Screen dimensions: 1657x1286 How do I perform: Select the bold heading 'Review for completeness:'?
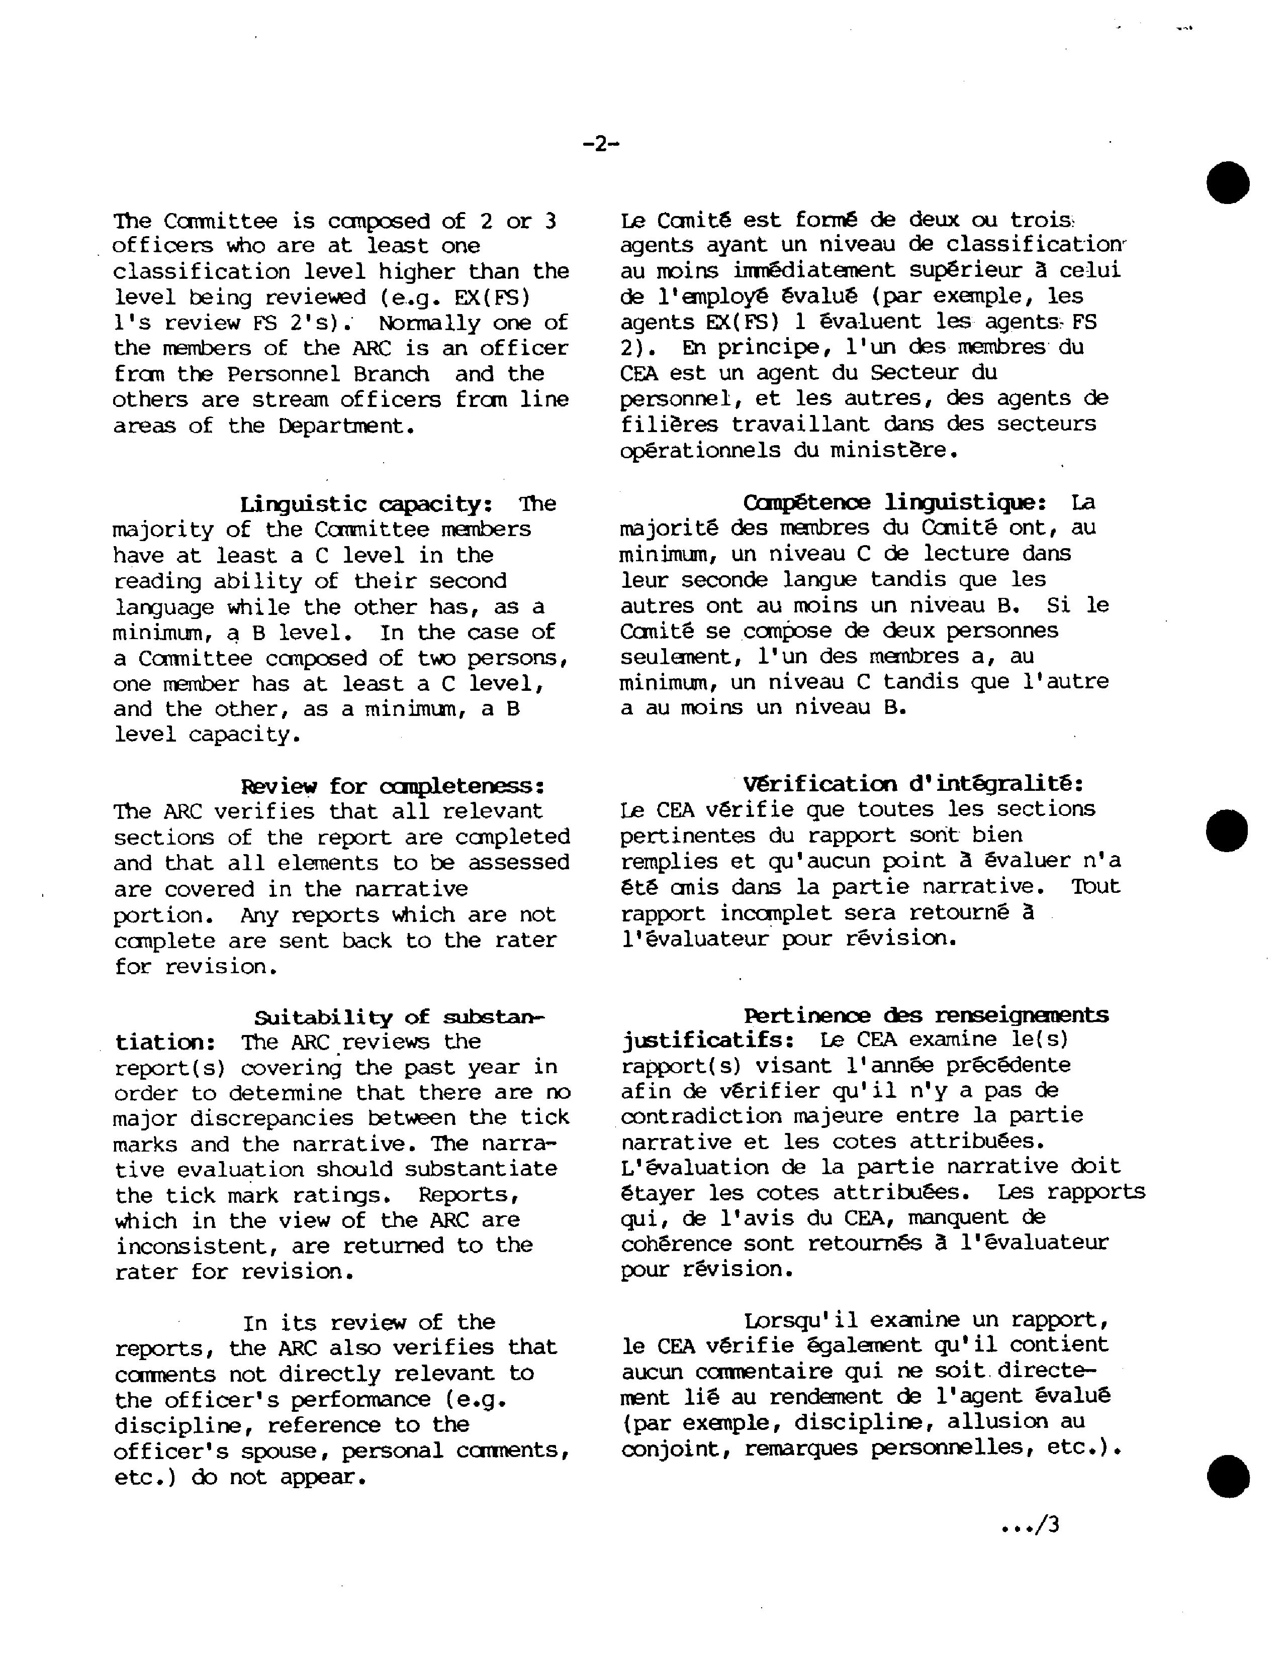393,785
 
